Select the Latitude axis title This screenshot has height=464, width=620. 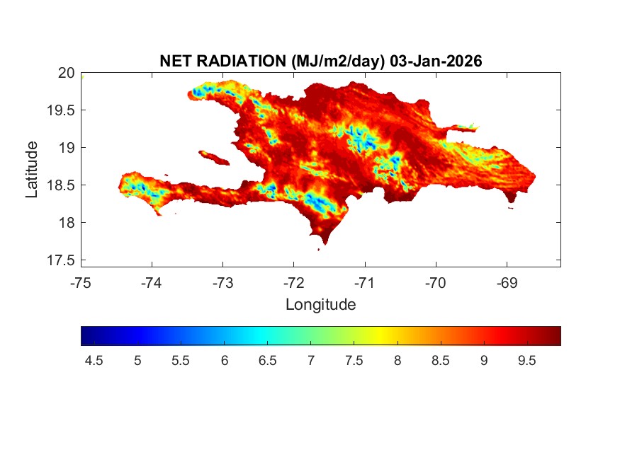32,169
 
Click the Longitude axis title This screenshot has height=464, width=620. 320,305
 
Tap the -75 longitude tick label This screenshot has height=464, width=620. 81,283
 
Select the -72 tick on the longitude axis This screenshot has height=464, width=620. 293,283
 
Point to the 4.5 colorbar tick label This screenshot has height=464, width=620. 94,361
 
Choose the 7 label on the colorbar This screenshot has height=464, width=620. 310,361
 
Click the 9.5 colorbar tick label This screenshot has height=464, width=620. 526,361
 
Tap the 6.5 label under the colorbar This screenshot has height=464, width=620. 267,361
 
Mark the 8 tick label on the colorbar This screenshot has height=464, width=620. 397,361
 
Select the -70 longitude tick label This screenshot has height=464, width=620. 435,283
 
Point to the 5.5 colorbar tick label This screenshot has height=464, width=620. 180,361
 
